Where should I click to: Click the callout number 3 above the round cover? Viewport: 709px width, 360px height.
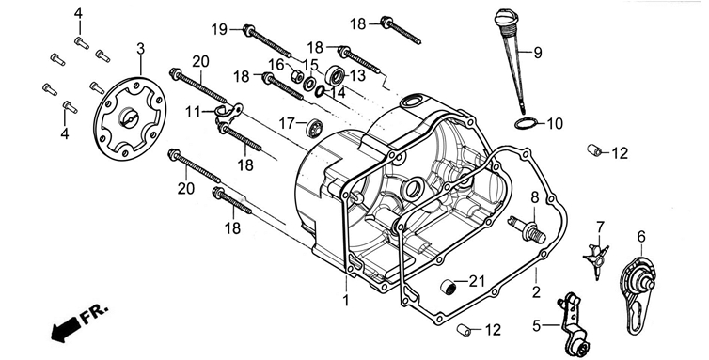[x=141, y=48]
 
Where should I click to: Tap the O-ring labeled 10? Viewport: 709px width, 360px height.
[x=526, y=122]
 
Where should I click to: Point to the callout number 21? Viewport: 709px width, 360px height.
[x=476, y=281]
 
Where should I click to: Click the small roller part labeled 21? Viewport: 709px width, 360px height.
[x=449, y=288]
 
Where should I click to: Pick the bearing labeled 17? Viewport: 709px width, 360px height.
[x=314, y=128]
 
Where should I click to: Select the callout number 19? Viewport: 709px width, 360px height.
[x=220, y=29]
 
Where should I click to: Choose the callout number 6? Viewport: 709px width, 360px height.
[x=641, y=236]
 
